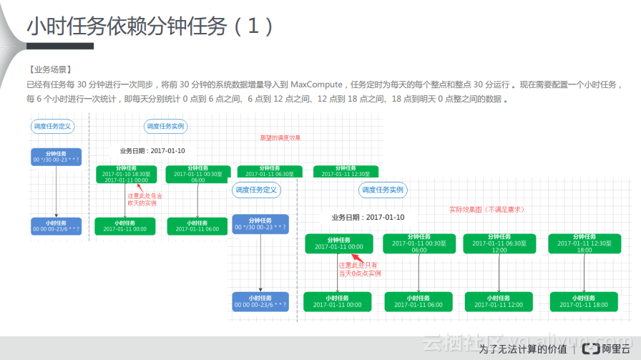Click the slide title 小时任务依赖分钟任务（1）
tap(150, 26)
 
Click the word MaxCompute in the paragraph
tap(318, 84)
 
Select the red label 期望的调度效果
tap(280, 137)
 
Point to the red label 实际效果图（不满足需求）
tap(486, 210)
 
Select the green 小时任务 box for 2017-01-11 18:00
tap(584, 301)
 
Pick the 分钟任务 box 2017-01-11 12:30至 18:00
tap(584, 243)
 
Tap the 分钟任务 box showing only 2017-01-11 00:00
tap(338, 243)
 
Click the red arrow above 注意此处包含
tap(132, 188)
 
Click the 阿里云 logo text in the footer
tap(611, 349)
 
